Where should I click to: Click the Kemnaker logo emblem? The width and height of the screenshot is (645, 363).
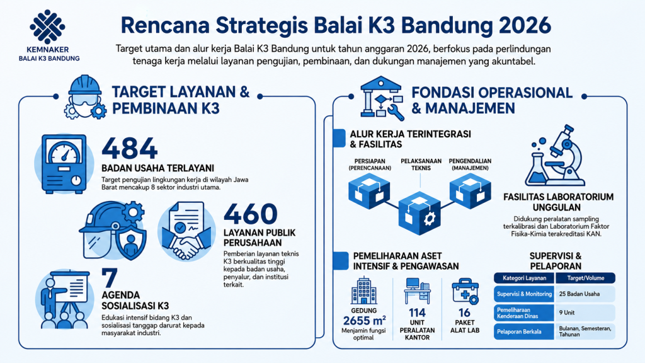(x=47, y=26)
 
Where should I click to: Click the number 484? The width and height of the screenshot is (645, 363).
(x=130, y=148)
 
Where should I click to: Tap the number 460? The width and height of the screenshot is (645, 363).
(x=251, y=214)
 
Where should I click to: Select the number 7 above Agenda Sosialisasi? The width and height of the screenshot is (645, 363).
(x=110, y=278)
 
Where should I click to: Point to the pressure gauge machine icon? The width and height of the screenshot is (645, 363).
(x=64, y=164)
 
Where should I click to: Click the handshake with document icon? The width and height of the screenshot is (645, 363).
(x=186, y=231)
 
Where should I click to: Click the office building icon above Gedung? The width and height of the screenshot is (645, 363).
(x=363, y=291)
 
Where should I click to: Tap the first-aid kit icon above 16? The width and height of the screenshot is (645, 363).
(x=465, y=291)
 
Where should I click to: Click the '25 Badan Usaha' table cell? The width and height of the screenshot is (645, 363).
(x=585, y=294)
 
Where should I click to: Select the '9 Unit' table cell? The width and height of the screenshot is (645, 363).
(x=585, y=313)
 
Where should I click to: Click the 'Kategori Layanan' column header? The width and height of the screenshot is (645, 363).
(x=525, y=278)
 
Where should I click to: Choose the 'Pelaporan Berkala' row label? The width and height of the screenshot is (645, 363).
(x=524, y=331)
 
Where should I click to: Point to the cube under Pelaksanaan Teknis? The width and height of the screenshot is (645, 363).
(x=420, y=213)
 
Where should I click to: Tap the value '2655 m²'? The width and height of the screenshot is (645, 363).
(x=364, y=321)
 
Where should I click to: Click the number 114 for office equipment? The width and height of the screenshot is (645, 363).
(x=417, y=313)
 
